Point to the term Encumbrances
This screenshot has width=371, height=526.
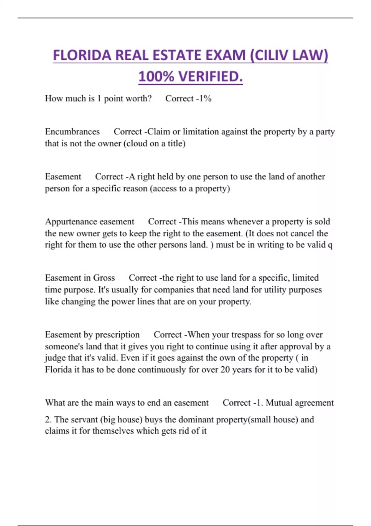coord(72,132)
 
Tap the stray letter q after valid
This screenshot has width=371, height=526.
coord(330,245)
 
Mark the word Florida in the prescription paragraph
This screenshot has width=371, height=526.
coord(58,370)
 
